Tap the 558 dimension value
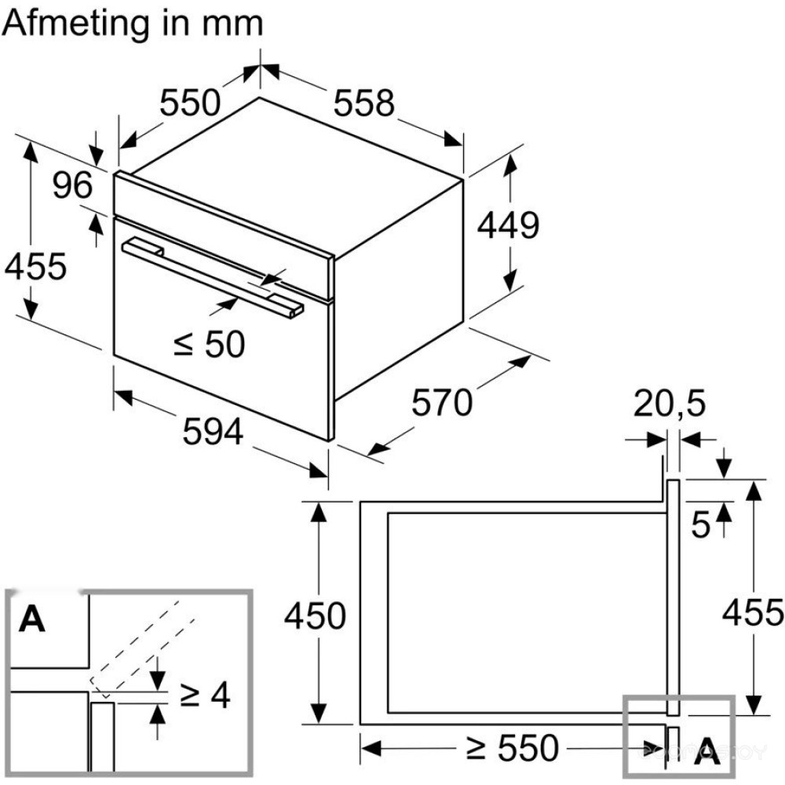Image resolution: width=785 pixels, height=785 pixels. [x=363, y=103]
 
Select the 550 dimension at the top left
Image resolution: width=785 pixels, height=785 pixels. [x=189, y=103]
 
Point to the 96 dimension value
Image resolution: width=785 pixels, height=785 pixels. [x=73, y=186]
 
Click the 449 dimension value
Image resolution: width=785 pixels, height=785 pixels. [x=509, y=226]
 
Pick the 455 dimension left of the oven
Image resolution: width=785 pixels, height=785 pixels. [x=35, y=267]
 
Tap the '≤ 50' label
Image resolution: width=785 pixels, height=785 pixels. [x=209, y=343]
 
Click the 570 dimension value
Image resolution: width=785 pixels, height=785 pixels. [x=442, y=403]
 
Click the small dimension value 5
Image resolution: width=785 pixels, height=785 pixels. [x=701, y=524]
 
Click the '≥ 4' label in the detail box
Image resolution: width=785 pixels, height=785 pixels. [x=205, y=695]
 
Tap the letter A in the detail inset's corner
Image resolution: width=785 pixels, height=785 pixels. [x=32, y=619]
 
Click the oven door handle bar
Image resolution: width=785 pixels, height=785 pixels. [x=212, y=275]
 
